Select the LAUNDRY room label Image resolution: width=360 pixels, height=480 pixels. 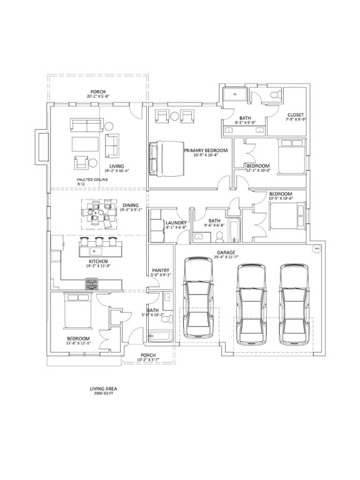(176, 224)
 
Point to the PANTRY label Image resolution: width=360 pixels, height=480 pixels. (161, 272)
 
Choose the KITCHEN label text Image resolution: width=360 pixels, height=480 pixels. (97, 262)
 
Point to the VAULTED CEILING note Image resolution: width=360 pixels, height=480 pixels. (90, 179)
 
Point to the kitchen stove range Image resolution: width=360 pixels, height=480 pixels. (91, 284)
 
